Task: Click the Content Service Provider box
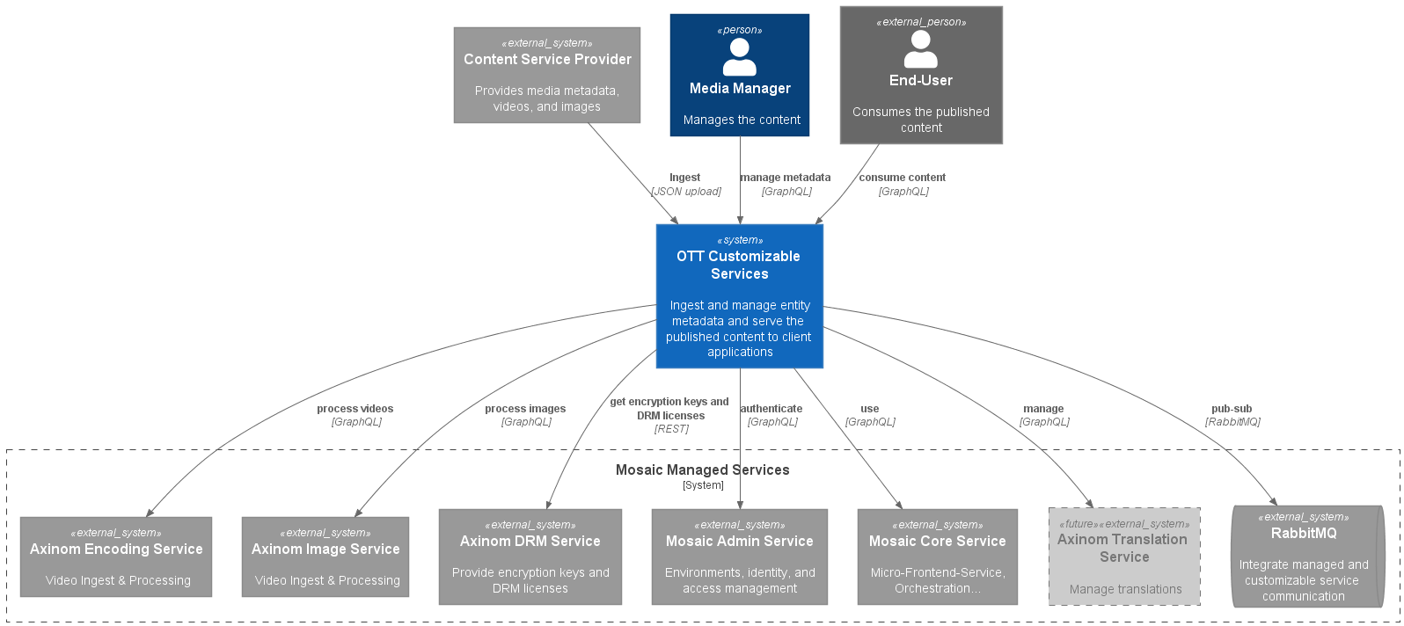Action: click(x=546, y=75)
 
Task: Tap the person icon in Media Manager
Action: click(x=739, y=57)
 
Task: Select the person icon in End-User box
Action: click(x=920, y=49)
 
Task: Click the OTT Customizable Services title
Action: click(x=739, y=265)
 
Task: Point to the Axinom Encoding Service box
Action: click(x=116, y=557)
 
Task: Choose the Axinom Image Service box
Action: click(x=325, y=557)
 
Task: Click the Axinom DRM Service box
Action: click(x=530, y=557)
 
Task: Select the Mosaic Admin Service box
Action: click(x=739, y=557)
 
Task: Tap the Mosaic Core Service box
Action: click(x=937, y=557)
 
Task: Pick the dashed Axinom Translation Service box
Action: click(x=1123, y=557)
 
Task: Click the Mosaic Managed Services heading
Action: click(x=702, y=470)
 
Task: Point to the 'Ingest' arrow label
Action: click(x=684, y=178)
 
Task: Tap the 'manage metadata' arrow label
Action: click(x=786, y=178)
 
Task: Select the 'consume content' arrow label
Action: click(x=902, y=178)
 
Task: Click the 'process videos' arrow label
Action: click(x=355, y=409)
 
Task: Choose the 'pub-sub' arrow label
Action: click(x=1231, y=409)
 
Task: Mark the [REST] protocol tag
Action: click(x=671, y=429)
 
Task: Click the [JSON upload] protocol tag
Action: click(x=686, y=192)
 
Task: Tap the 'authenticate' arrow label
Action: click(x=771, y=409)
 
